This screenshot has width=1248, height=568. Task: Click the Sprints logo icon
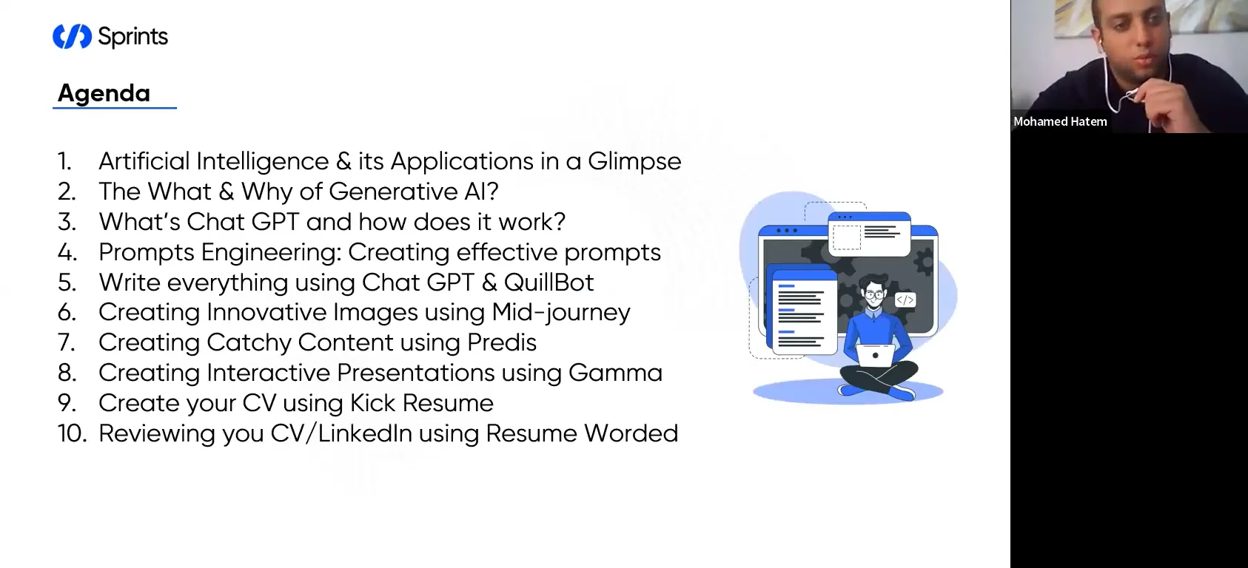coord(72,36)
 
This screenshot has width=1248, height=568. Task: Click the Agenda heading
coord(104,93)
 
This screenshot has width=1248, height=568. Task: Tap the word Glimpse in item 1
coord(634,161)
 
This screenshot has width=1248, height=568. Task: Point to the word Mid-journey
coord(561,313)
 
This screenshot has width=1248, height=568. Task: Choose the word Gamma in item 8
coord(615,373)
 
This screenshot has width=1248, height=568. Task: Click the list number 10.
coord(72,433)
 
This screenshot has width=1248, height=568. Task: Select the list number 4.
coord(67,252)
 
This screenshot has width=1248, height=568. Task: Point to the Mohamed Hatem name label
coord(1060,122)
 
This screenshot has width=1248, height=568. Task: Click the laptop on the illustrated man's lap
coord(876,356)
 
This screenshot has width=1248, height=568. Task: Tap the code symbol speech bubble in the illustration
coord(905,300)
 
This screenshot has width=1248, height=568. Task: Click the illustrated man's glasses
coord(874,294)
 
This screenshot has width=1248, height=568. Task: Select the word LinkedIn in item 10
coord(365,433)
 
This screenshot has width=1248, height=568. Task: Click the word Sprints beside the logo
coord(133,37)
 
